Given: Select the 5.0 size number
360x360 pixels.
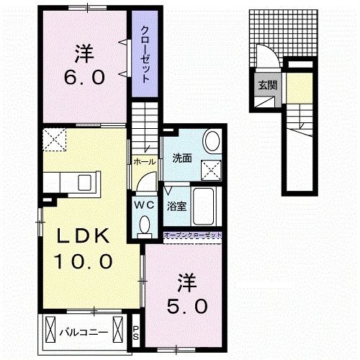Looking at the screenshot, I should (189, 305).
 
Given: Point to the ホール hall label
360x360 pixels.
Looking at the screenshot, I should (143, 162).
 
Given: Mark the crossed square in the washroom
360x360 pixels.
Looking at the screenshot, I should (212, 169).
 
